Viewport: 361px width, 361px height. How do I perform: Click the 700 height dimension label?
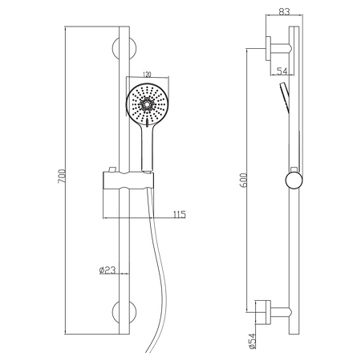point(62,176)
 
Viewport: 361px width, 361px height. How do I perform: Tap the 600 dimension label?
point(244,180)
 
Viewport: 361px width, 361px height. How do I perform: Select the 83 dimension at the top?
point(284,12)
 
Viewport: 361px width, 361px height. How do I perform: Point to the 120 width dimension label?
point(147,74)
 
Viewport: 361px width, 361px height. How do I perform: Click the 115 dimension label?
point(179,214)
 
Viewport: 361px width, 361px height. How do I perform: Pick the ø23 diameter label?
point(107,270)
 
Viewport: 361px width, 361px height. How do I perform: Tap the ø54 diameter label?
point(253,341)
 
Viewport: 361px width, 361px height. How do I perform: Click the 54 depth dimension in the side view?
point(282,71)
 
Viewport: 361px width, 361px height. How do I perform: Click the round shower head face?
point(147,104)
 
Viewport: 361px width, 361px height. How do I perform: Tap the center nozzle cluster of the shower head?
point(147,103)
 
